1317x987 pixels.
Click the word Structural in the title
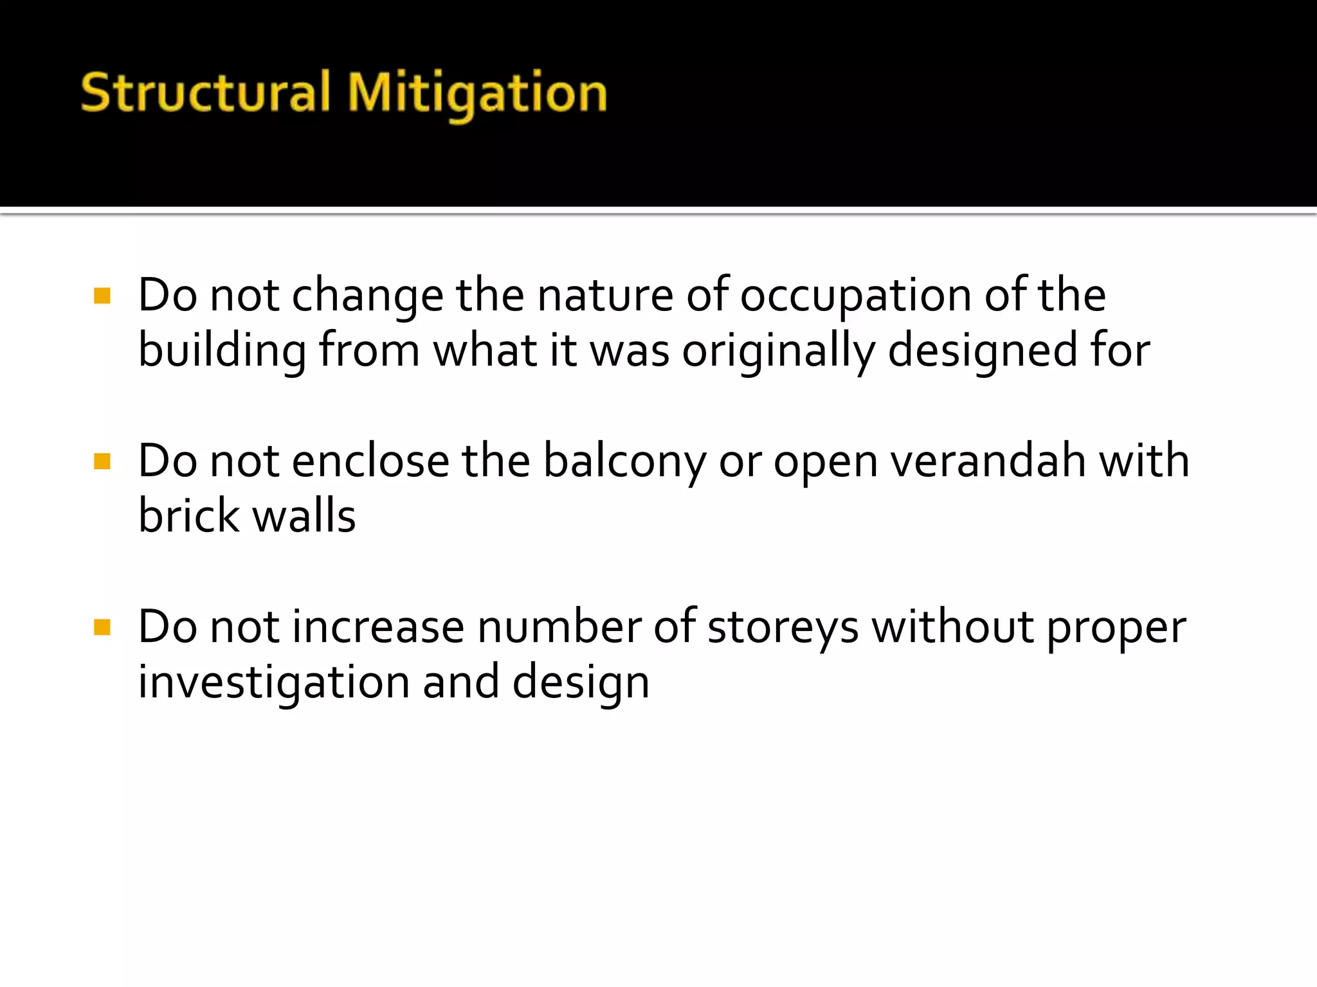[206, 93]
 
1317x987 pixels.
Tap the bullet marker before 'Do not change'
[102, 296]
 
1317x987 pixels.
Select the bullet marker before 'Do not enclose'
[102, 461]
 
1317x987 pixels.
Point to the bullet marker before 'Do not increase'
[102, 627]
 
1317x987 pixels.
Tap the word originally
[778, 352]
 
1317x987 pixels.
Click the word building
[223, 352]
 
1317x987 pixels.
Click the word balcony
[624, 463]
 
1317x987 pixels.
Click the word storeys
[783, 628]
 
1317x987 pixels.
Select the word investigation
[274, 682]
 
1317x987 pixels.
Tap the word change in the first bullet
[367, 297]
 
